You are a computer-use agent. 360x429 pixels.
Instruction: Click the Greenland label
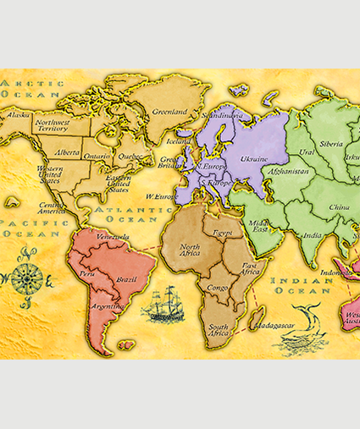[x=169, y=112]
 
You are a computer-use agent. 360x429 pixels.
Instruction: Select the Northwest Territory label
[x=53, y=126]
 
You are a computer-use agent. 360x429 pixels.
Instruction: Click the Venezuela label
[x=112, y=237]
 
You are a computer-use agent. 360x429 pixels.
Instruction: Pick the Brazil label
[x=126, y=278]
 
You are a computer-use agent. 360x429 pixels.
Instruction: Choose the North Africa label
[x=191, y=250]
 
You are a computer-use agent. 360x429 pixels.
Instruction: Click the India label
[x=313, y=235]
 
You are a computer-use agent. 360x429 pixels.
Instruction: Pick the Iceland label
[x=179, y=142]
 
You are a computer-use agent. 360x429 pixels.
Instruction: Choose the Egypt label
[x=223, y=231]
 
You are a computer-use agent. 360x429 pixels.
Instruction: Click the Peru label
[x=87, y=274]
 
